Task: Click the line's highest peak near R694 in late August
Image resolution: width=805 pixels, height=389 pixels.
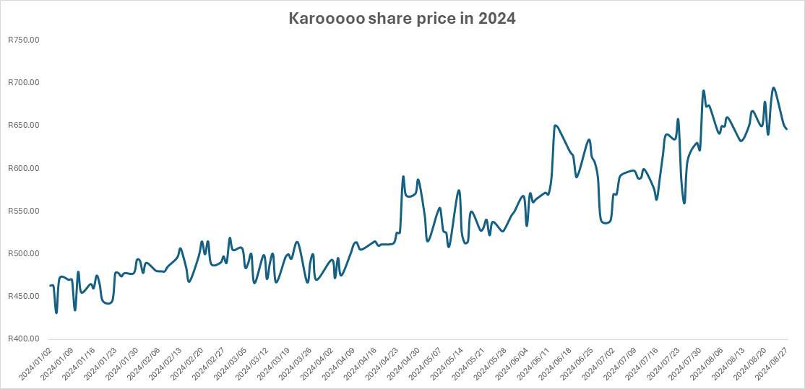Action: coord(773,88)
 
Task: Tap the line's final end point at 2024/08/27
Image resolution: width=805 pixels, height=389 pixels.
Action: coord(787,129)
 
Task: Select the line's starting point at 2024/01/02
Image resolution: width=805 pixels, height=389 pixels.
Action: coord(50,286)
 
